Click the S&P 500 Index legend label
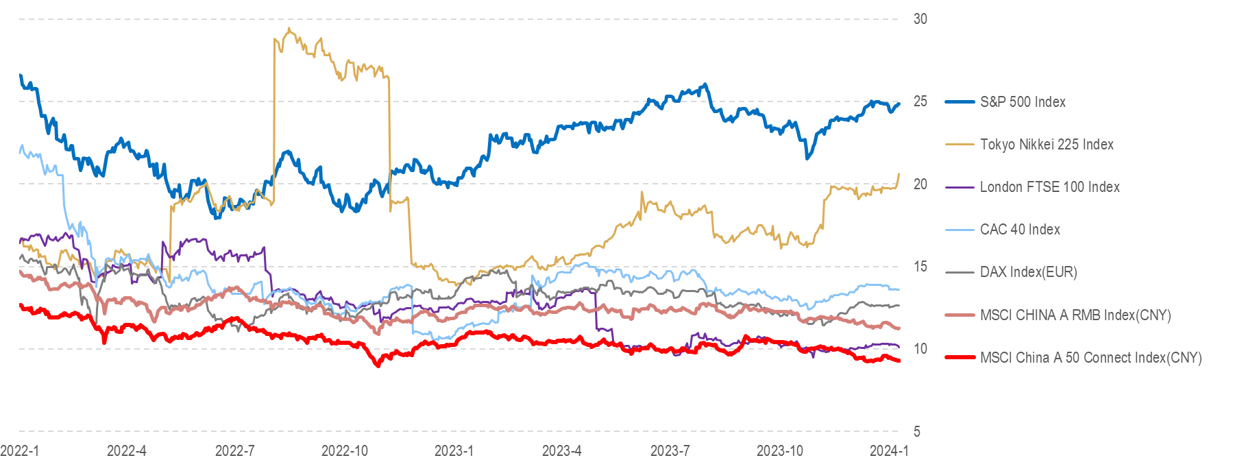[x=1023, y=102]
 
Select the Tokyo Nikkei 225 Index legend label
[x=1047, y=145]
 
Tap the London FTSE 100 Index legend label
[x=1049, y=187]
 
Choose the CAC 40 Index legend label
[x=1020, y=230]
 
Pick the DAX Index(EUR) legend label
[x=1028, y=272]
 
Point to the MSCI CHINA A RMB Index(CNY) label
[x=1075, y=315]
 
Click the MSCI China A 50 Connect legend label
[x=1090, y=358]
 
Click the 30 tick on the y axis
[x=920, y=19]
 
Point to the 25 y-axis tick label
[x=920, y=101]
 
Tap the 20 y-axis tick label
[x=920, y=184]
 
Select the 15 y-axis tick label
[x=920, y=267]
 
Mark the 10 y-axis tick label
[x=920, y=349]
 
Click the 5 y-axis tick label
[x=917, y=431]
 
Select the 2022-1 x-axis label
[x=20, y=451]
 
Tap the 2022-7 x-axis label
[x=234, y=451]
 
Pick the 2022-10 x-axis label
[x=344, y=451]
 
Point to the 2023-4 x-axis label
[x=561, y=451]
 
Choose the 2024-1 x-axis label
[x=889, y=451]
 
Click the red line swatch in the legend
[x=960, y=358]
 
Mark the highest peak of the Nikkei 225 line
[x=289, y=29]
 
